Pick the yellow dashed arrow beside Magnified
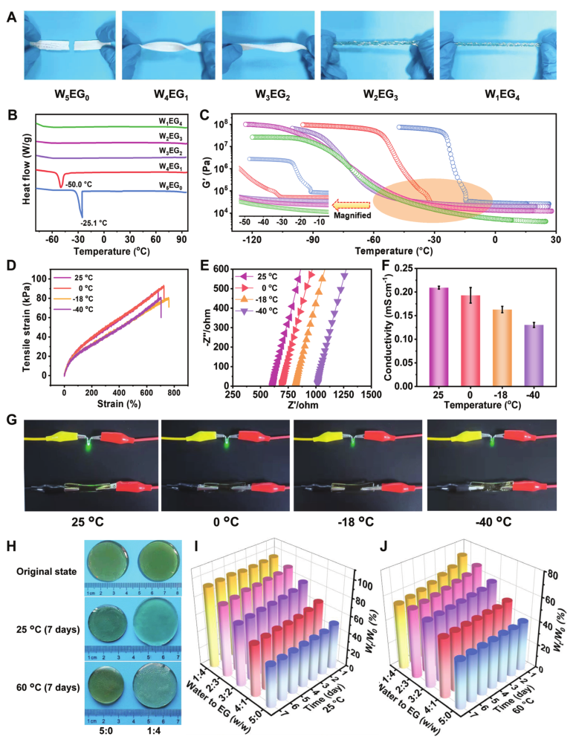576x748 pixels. tap(349, 203)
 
